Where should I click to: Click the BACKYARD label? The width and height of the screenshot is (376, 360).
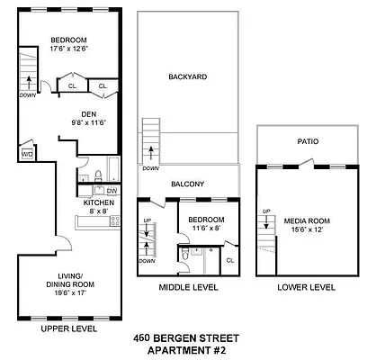point(187,77)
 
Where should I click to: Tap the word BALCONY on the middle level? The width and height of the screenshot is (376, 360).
point(188,184)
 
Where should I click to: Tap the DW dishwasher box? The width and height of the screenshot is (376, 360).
point(112,191)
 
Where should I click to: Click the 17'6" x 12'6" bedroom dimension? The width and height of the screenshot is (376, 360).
point(67,49)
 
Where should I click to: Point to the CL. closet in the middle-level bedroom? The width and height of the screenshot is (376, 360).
point(229,260)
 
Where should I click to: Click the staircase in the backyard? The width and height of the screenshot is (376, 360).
point(151,140)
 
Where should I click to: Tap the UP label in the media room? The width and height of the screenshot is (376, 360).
point(265,211)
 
